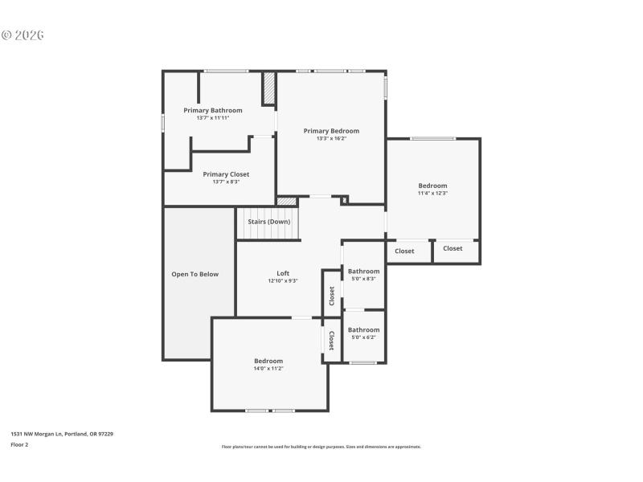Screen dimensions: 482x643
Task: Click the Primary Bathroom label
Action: click(212, 110)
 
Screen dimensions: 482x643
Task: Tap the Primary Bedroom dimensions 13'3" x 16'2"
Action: click(331, 138)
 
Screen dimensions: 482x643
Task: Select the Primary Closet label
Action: click(226, 174)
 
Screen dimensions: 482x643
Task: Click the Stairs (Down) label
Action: click(268, 222)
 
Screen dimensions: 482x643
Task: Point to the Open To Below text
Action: click(195, 274)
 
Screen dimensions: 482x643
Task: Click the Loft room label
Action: click(283, 273)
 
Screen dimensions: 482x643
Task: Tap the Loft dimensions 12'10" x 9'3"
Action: click(283, 281)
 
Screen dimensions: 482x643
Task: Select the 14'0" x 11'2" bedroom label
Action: click(268, 361)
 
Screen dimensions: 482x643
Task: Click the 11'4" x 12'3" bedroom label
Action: click(432, 186)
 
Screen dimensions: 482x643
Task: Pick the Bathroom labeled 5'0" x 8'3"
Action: click(363, 272)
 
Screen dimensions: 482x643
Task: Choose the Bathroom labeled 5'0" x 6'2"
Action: click(363, 329)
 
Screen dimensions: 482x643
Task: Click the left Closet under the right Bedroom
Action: click(404, 251)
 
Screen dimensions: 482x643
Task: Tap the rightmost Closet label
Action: click(453, 248)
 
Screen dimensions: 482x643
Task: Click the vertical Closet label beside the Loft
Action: click(331, 296)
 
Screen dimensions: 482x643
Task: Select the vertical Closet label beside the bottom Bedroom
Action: click(331, 341)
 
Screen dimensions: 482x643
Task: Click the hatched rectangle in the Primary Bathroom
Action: click(269, 88)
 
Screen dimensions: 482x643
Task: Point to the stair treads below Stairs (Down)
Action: click(267, 232)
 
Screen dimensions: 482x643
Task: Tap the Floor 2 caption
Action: click(19, 444)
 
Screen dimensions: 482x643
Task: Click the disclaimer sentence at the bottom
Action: click(321, 447)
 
